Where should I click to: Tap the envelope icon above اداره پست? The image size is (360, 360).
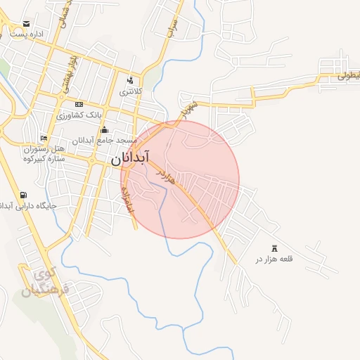pyautogui.click(x=27, y=25)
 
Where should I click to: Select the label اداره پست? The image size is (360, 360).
pyautogui.click(x=27, y=34)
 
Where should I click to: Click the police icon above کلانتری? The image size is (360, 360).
pyautogui.click(x=131, y=80)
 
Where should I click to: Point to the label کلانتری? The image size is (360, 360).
pyautogui.click(x=131, y=91)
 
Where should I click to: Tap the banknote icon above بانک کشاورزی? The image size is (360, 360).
pyautogui.click(x=78, y=103)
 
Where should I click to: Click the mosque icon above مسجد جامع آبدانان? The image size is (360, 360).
pyautogui.click(x=105, y=129)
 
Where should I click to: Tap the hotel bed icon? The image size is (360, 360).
pyautogui.click(x=44, y=139)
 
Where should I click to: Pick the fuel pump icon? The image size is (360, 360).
pyautogui.click(x=25, y=195)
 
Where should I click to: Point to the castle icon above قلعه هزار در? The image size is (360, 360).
pyautogui.click(x=274, y=248)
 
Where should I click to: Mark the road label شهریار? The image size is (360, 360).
pyautogui.click(x=186, y=109)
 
